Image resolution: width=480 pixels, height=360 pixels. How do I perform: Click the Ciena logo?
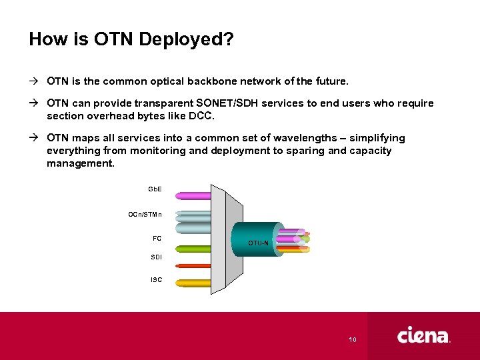(423, 335)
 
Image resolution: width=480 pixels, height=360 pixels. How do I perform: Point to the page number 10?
(353, 340)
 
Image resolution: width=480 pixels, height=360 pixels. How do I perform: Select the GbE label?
(155, 190)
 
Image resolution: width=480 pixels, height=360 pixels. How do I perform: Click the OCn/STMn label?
(145, 214)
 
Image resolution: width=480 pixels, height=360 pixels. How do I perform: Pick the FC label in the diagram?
(157, 238)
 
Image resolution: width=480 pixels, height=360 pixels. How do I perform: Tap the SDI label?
(155, 257)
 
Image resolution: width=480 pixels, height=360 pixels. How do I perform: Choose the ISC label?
(155, 279)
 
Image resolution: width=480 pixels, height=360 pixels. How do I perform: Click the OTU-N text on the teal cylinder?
(258, 243)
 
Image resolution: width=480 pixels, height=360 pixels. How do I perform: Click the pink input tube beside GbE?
(193, 196)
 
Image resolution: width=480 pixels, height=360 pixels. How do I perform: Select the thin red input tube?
(193, 266)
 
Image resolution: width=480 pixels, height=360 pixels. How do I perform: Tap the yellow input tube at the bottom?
(193, 283)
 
